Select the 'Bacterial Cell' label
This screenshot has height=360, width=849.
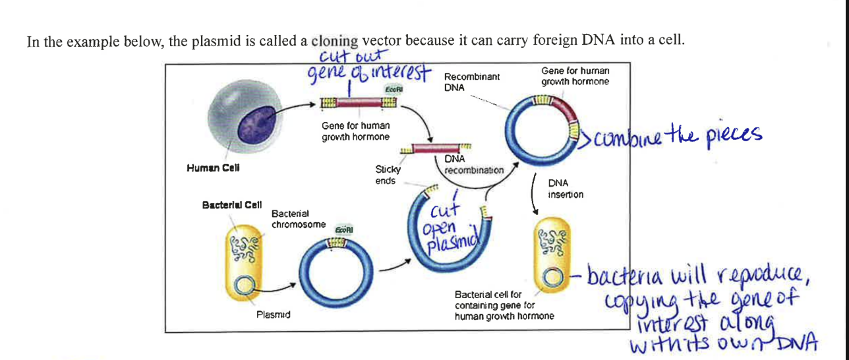tap(232, 205)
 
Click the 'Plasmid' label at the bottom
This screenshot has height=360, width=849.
tap(273, 315)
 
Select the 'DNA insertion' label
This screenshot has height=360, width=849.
tap(565, 189)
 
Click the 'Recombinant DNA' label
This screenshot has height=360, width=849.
tap(471, 82)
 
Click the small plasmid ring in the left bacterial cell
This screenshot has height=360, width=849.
tap(245, 285)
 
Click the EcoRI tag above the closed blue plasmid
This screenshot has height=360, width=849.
tap(345, 229)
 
